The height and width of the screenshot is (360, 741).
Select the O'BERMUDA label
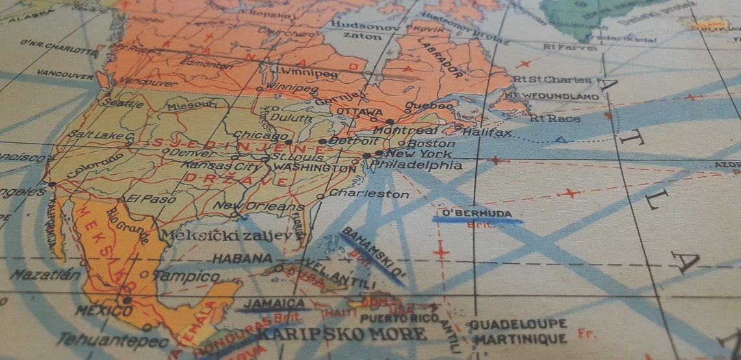coord(476,213)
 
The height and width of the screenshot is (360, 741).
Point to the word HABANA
coord(242,258)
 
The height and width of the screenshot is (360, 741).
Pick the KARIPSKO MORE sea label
coord(343,335)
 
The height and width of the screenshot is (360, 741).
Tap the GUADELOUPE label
coord(518,324)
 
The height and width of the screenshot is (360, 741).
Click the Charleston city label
coord(369,194)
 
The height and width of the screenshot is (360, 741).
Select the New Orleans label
coord(258,207)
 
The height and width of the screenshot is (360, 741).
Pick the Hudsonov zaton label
coord(358,31)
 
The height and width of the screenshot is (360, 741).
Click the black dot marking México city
coord(127,300)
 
